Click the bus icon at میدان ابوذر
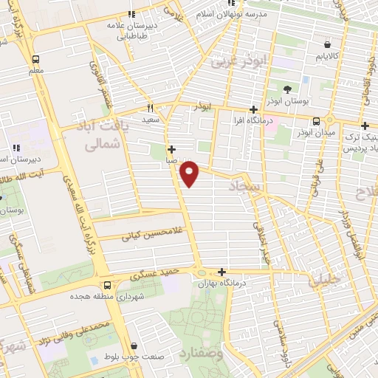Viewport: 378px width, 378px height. point(317,121)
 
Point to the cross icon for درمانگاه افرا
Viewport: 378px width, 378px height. point(253,109)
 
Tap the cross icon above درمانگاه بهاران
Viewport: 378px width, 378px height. point(221,271)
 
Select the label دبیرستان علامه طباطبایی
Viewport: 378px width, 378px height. point(131,27)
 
